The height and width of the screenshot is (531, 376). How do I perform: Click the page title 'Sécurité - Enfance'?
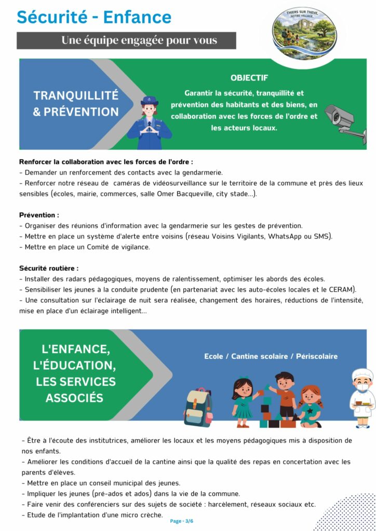pos(94,17)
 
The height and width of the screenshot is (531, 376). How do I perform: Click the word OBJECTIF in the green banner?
pos(249,78)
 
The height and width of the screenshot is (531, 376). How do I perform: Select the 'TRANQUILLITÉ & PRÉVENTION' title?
pos(76,104)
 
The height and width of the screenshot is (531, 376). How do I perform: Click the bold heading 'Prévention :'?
pos(39,215)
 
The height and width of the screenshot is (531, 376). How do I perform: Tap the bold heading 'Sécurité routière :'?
pos(49,268)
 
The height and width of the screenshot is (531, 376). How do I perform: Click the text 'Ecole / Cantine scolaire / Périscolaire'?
pos(271,356)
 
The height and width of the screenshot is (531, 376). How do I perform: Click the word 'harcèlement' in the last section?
pos(226,504)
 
